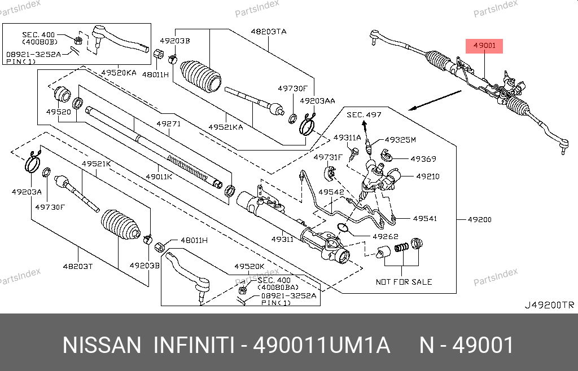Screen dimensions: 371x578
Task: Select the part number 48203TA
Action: tap(268, 32)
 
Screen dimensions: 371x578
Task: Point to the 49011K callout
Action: tap(159, 176)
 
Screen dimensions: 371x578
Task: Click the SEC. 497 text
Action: tap(364, 115)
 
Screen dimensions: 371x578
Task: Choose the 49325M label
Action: tap(400, 140)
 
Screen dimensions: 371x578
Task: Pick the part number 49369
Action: tap(423, 159)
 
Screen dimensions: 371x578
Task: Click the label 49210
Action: tap(428, 176)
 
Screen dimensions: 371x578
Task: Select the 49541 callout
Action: tap(424, 218)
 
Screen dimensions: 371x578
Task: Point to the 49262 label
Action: tap(386, 237)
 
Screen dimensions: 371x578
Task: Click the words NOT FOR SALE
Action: tap(404, 281)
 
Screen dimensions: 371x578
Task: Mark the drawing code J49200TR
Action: tap(549, 305)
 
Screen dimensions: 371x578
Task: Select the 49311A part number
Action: tap(347, 138)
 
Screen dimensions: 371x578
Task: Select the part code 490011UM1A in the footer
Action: tap(321, 345)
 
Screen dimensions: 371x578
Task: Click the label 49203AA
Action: tap(317, 101)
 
